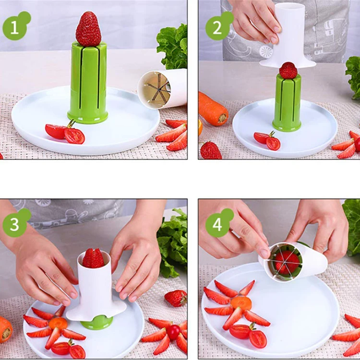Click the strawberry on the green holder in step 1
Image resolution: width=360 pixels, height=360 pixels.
88,29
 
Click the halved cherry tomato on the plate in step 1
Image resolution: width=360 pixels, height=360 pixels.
65,133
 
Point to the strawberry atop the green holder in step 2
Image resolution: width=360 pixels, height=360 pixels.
288,71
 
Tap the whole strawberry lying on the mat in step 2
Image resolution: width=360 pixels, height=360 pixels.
210,150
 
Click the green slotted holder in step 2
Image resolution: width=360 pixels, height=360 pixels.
287,103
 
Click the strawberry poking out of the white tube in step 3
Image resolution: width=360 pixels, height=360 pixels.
93,258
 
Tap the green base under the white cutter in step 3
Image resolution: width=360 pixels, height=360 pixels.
96,322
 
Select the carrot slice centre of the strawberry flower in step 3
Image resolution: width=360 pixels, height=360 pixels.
58,323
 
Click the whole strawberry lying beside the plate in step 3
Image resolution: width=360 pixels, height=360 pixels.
176,298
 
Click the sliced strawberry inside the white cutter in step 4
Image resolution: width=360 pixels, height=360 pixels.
287,262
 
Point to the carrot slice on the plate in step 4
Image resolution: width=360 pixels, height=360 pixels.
241,303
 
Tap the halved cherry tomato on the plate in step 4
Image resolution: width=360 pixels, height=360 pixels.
248,335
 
